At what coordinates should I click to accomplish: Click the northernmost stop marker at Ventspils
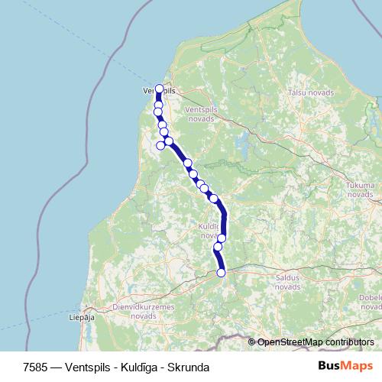coord(159,89)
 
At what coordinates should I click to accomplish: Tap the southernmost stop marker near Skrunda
coord(222,273)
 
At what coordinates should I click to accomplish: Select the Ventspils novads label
coord(200,115)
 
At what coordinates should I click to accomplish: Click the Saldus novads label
coord(287,283)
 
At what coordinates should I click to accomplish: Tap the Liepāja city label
coord(81,316)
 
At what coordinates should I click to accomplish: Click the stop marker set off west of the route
coord(161,145)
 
